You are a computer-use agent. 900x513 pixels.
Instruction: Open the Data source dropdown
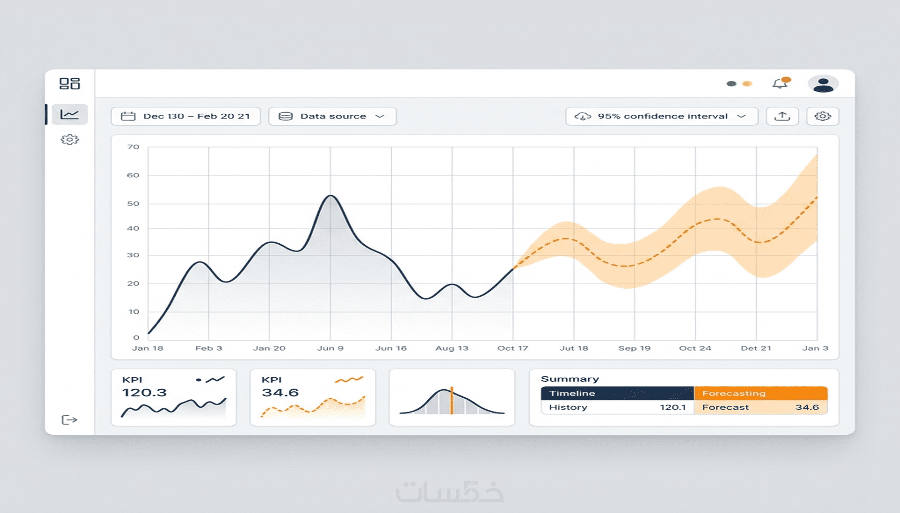332,116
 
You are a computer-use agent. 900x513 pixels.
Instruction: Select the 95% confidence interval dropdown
662,116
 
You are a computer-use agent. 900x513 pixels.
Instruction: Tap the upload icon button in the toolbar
782,116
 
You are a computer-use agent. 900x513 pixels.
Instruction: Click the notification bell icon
780,83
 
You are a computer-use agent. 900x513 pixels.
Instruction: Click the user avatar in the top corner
823,84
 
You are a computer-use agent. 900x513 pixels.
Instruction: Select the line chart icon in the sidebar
69,114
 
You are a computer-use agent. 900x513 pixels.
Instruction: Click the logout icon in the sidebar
69,419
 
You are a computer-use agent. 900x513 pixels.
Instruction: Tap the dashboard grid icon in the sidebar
69,84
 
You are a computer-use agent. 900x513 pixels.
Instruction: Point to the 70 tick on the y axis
133,147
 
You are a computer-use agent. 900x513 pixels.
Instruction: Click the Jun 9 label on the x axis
330,348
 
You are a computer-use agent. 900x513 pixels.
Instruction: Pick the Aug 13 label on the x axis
452,348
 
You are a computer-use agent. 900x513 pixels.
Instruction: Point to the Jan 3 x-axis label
815,348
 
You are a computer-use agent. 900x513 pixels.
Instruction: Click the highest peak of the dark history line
330,196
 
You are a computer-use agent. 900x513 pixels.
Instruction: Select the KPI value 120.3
144,392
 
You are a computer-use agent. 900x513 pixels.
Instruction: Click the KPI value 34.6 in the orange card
280,392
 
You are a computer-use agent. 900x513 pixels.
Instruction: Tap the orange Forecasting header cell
761,393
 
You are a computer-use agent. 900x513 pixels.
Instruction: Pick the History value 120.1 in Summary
672,407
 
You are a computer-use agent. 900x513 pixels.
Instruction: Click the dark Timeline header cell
617,393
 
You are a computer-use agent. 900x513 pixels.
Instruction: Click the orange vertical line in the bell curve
452,400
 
